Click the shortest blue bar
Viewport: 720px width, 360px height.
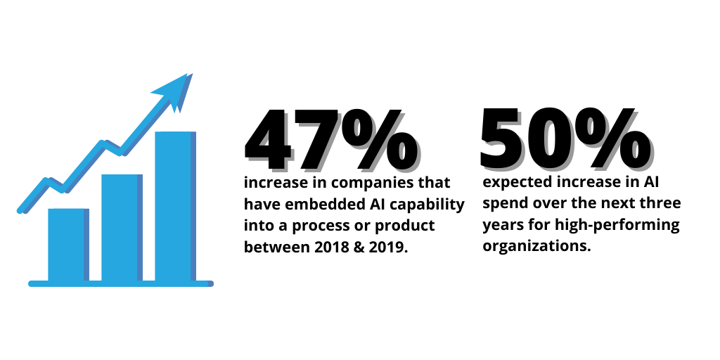click(x=68, y=245)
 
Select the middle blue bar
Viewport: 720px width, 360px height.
click(x=122, y=228)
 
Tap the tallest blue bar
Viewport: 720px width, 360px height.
click(x=175, y=206)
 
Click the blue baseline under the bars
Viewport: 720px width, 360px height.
click(x=121, y=284)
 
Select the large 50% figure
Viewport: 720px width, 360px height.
click(x=565, y=139)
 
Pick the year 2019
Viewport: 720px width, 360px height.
click(x=390, y=247)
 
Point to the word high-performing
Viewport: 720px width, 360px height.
click(x=617, y=226)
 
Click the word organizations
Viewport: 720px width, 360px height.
click(x=536, y=247)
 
